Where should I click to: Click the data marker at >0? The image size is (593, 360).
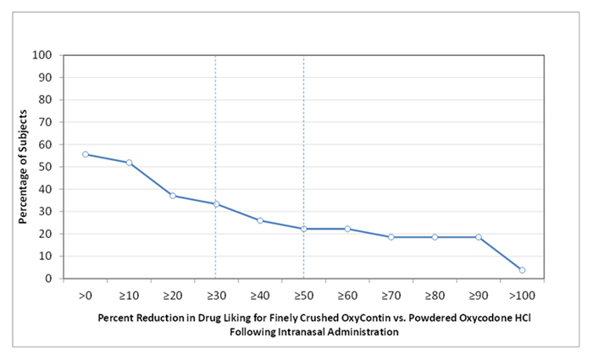[x=86, y=154]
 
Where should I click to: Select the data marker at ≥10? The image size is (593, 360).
[x=129, y=163]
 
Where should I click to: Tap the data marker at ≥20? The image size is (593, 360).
[x=173, y=196]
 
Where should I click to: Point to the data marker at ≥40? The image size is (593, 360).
[x=260, y=220]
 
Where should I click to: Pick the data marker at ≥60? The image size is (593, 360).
[x=347, y=229]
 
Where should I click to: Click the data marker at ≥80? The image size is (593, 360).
[x=435, y=237]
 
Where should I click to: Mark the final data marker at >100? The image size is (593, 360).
[x=522, y=269]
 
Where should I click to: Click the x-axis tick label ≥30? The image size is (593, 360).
[x=216, y=295]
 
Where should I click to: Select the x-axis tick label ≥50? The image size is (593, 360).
[x=303, y=295]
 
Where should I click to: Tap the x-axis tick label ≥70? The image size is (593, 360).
[x=391, y=295]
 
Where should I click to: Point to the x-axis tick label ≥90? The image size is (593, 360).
[x=478, y=295]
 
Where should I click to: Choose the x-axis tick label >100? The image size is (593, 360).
[x=522, y=295]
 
